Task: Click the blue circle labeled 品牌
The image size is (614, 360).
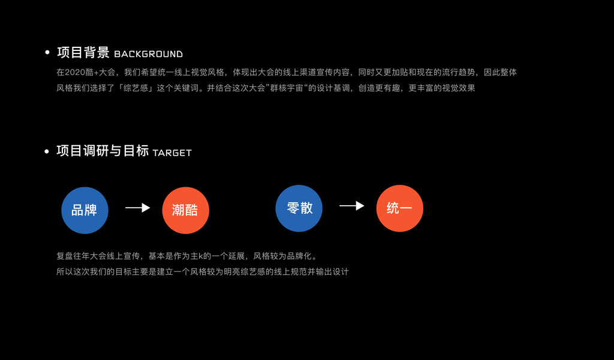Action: [x=85, y=210]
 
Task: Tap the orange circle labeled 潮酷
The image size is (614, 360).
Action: [x=185, y=210]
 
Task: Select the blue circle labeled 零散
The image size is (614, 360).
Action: [x=299, y=208]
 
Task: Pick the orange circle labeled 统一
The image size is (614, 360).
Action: [x=399, y=208]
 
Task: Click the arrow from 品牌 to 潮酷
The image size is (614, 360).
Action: [x=137, y=208]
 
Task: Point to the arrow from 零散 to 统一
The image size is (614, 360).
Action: [x=351, y=206]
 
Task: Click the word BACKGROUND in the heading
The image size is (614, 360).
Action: [x=148, y=54]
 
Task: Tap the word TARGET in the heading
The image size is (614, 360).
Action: [x=172, y=153]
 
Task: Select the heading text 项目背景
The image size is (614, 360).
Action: [x=83, y=53]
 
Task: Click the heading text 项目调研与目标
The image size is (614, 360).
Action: [x=103, y=151]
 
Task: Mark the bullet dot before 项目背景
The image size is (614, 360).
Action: [x=47, y=53]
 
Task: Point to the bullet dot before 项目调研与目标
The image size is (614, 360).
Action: [x=47, y=151]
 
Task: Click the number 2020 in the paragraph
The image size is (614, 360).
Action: [x=74, y=73]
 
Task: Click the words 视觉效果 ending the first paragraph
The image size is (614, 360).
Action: [x=459, y=88]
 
